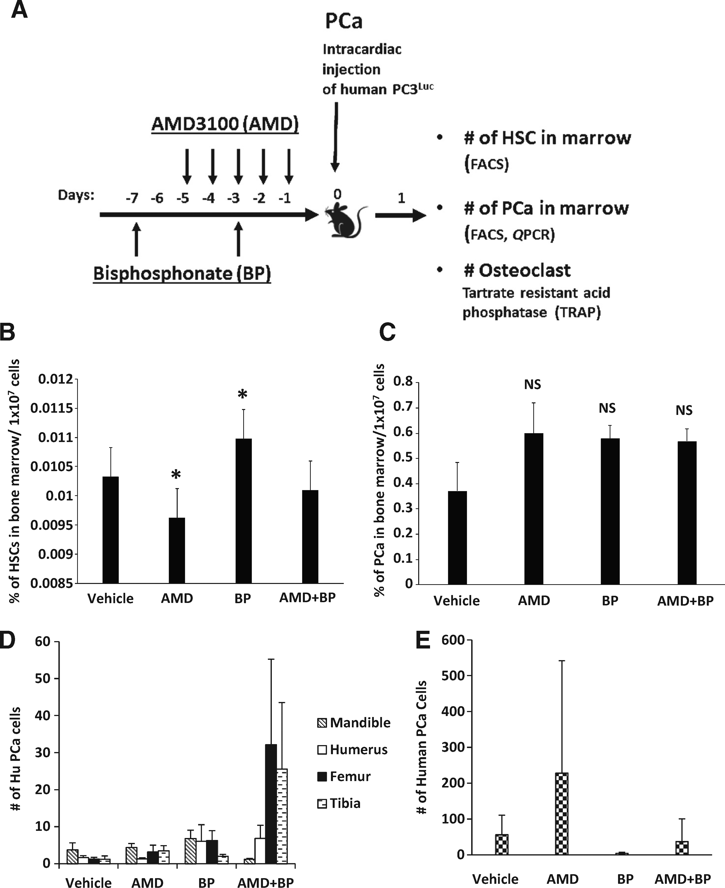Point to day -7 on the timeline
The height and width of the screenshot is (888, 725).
132,197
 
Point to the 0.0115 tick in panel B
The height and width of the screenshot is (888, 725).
54,408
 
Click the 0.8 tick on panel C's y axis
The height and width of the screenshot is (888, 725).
403,382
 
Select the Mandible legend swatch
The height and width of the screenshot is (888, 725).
322,723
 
